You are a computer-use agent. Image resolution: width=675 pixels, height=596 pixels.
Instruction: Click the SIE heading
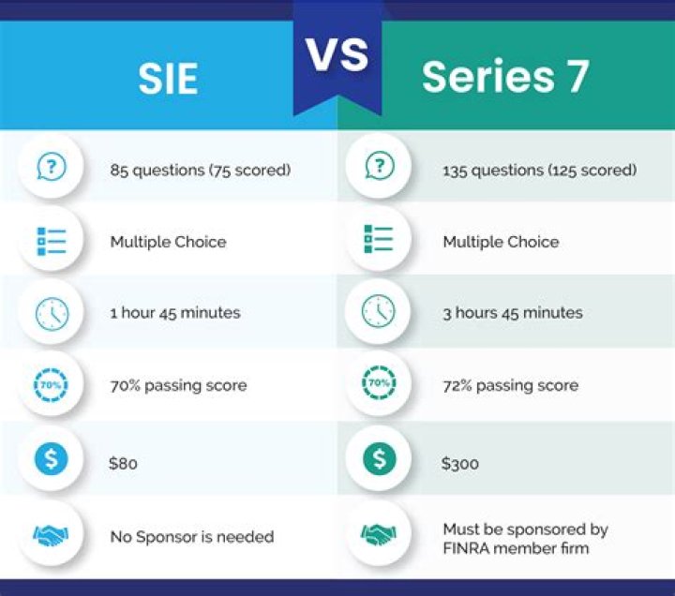168,79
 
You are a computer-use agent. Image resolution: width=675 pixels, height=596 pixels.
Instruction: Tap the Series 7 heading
505,76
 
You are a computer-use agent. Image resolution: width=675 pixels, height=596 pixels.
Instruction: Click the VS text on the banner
337,54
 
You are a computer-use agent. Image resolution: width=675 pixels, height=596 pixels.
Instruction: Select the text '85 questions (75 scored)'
201,170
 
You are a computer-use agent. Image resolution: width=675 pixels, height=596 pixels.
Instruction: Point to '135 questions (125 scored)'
540,170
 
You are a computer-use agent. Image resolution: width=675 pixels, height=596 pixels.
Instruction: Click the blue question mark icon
52,166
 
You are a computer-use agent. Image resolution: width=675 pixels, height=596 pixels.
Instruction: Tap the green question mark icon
380,165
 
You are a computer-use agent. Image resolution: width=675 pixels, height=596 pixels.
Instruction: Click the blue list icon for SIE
52,241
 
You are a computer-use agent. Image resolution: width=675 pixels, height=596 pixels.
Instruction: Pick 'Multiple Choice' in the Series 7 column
501,242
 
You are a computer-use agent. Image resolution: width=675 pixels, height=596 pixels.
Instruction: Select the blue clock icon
52,314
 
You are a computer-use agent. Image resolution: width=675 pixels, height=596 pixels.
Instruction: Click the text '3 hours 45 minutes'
513,313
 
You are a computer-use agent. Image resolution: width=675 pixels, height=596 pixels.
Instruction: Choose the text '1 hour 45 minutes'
175,313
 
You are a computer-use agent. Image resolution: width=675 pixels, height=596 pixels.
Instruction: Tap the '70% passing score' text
179,385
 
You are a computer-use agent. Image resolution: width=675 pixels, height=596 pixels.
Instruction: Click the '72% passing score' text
511,385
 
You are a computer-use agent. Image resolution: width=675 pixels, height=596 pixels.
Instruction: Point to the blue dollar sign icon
52,458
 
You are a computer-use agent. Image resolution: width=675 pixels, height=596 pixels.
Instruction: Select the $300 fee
459,464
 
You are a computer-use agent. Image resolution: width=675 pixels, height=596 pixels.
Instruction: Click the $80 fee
123,464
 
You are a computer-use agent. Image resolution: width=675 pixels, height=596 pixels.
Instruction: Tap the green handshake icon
379,534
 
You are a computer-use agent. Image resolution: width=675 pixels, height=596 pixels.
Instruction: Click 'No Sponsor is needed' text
192,537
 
